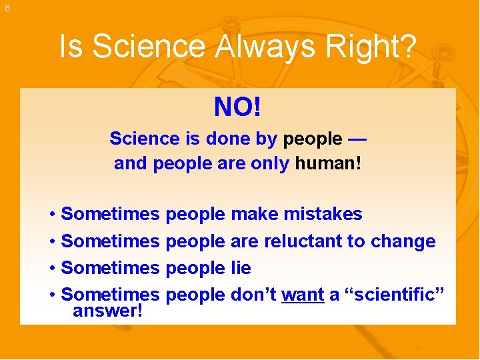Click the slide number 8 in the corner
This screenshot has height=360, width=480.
coord(7,8)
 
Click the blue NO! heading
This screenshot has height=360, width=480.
coord(237,107)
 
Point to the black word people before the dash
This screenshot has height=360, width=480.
coord(311,139)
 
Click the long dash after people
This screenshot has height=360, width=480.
coord(357,139)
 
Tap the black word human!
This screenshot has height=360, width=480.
coord(328,163)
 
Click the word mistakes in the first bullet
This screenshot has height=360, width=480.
coord(323,214)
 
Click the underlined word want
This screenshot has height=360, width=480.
coord(303,294)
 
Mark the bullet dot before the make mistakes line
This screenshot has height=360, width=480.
coord(52,215)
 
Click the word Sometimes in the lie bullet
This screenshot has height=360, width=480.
coord(110,267)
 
